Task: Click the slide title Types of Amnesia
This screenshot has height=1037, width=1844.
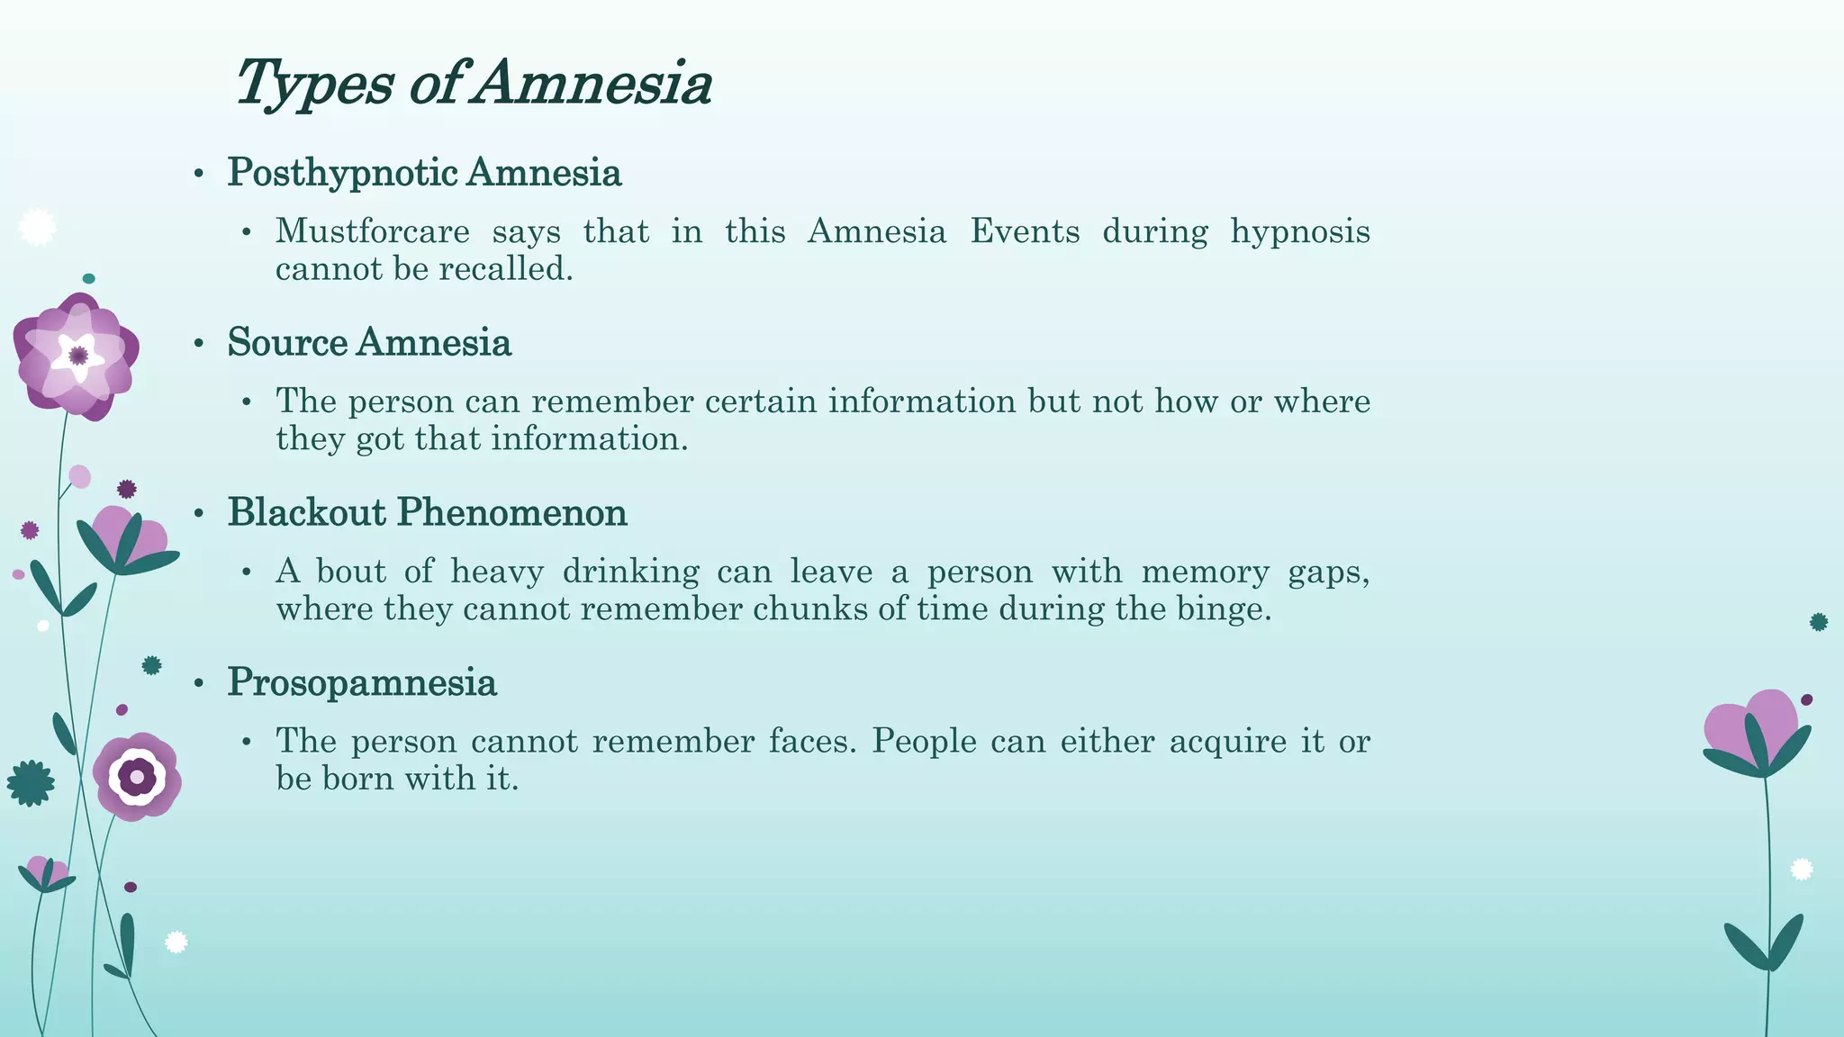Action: click(x=473, y=83)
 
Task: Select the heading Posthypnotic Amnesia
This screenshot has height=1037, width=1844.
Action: click(x=424, y=172)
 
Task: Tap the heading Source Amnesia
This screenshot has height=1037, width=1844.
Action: click(x=369, y=342)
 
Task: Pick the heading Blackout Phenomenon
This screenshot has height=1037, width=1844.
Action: click(x=427, y=512)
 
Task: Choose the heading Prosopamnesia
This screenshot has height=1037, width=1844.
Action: click(x=362, y=682)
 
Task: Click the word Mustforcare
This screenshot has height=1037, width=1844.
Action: click(x=372, y=231)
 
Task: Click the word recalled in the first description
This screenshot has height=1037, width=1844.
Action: click(x=515, y=269)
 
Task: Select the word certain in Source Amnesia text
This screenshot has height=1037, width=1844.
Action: click(x=761, y=401)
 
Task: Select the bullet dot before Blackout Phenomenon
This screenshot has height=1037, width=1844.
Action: click(x=200, y=513)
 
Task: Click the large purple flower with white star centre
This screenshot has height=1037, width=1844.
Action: click(x=77, y=356)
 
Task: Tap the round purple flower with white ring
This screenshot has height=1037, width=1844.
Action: click(x=137, y=776)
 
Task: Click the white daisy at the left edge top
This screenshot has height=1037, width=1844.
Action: click(x=37, y=227)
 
